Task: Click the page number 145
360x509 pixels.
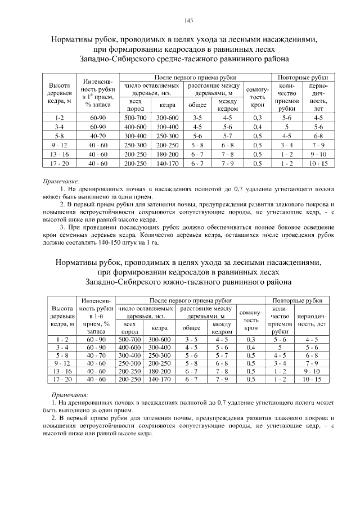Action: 188,21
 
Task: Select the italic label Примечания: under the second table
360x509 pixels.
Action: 70,396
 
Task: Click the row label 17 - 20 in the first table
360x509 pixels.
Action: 59,163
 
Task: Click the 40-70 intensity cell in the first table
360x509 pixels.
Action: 98,136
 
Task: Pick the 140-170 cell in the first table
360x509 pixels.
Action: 167,163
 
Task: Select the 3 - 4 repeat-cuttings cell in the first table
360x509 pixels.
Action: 286,145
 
